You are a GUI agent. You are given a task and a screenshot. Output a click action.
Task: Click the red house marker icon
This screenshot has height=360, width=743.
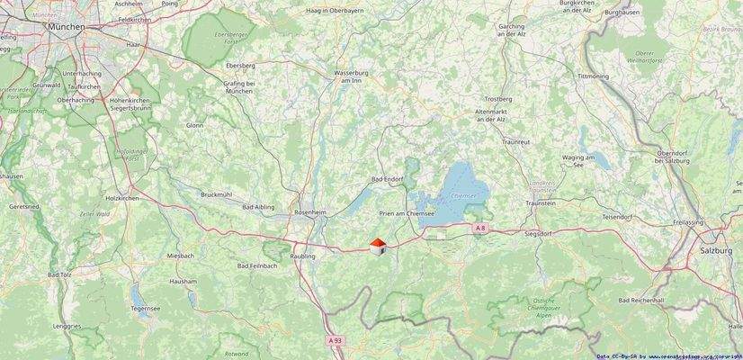(x=378, y=246)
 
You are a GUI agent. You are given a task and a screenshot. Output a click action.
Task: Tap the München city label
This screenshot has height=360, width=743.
(x=67, y=27)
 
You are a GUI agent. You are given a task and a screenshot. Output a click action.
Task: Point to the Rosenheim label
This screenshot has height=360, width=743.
(x=309, y=212)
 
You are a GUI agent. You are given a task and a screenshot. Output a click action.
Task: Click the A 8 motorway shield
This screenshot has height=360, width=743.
(x=480, y=229)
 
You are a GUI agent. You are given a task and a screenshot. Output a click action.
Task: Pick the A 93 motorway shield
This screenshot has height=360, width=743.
(x=336, y=340)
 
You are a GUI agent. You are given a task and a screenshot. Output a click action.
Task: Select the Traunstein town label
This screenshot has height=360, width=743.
(x=540, y=204)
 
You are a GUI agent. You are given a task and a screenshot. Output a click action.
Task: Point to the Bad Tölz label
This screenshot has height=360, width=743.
(x=59, y=274)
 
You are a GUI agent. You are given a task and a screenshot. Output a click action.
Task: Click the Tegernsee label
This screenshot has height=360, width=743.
(x=145, y=307)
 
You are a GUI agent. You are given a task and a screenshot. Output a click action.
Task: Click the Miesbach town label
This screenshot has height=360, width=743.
(x=181, y=256)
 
